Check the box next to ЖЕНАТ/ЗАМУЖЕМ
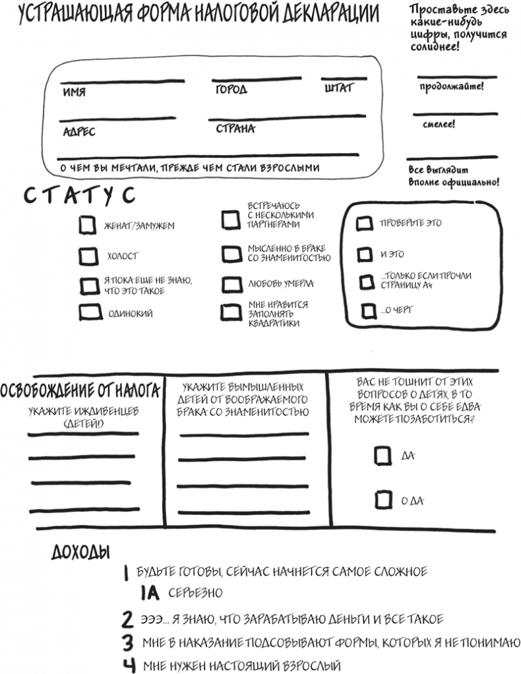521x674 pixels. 87,225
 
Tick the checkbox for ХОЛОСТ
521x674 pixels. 87,255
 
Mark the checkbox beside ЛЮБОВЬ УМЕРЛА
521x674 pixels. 231,284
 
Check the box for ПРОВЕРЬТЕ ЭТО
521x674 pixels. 364,224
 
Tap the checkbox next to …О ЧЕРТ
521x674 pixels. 367,309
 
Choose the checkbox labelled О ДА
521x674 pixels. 383,500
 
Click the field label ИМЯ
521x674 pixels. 74,93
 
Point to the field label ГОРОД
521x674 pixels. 230,89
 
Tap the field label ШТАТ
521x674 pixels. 339,88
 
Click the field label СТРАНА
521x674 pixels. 235,129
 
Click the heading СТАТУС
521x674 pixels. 80,196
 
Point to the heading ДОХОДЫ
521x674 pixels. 80,552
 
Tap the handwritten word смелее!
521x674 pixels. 443,123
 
